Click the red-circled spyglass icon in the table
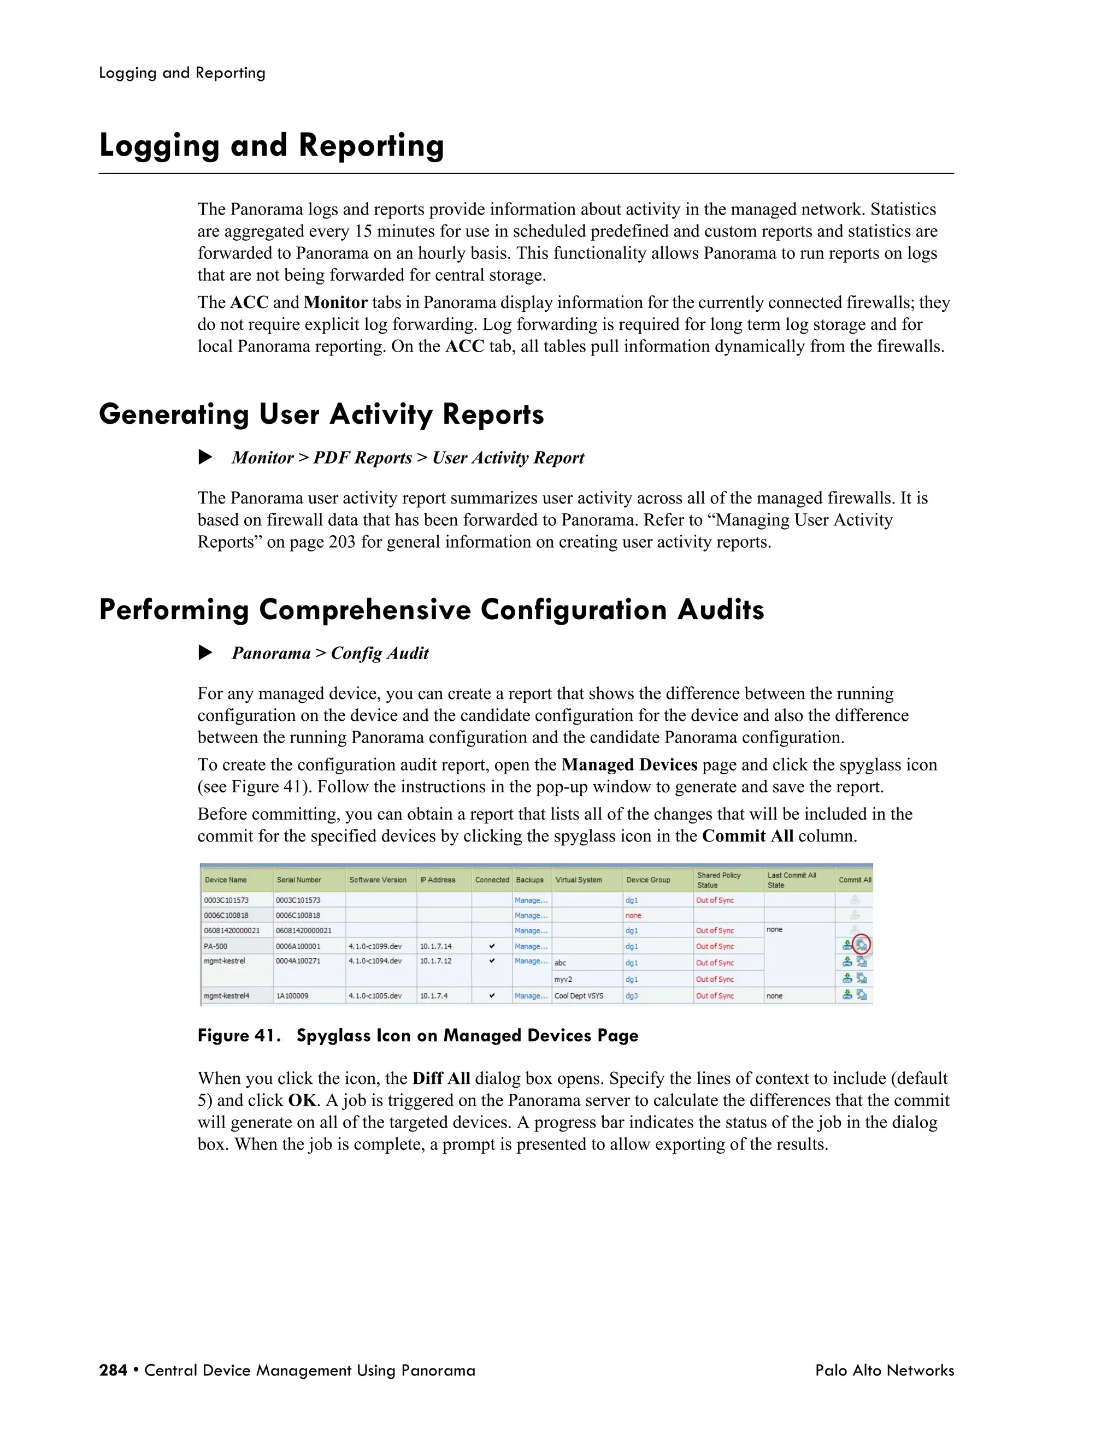(861, 945)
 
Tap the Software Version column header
(378, 880)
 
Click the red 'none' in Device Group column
(633, 916)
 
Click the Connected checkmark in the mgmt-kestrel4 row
(492, 995)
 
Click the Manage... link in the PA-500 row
(531, 946)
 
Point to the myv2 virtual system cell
(563, 979)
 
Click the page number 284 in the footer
(113, 1370)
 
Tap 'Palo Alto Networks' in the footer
(885, 1370)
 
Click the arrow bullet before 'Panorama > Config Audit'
(205, 653)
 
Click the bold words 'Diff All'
(441, 1078)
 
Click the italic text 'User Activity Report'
(509, 458)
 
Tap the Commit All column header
(855, 880)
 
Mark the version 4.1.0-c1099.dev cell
(375, 946)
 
